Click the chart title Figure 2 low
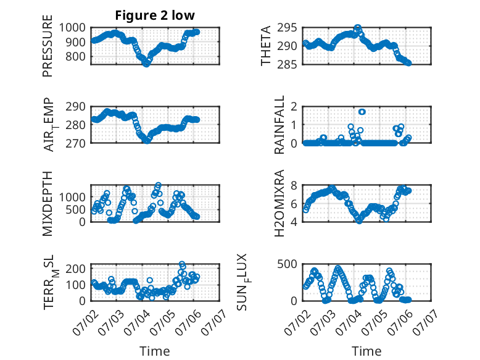[155, 15]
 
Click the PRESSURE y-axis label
[48, 46]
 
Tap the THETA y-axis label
[266, 46]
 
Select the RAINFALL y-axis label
[279, 125]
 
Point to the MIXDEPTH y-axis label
[48, 204]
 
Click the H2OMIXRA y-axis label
[279, 203]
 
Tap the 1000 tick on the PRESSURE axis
[72, 28]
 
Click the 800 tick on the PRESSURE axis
[75, 56]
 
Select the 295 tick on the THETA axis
[287, 28]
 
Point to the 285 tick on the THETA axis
[287, 64]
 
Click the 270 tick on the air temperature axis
[75, 143]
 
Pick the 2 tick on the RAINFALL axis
[294, 107]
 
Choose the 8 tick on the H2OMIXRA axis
[294, 185]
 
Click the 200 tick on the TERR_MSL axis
[75, 269]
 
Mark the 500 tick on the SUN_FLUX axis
[287, 264]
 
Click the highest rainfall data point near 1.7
[362, 112]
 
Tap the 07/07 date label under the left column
[214, 322]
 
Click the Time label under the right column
[366, 351]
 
